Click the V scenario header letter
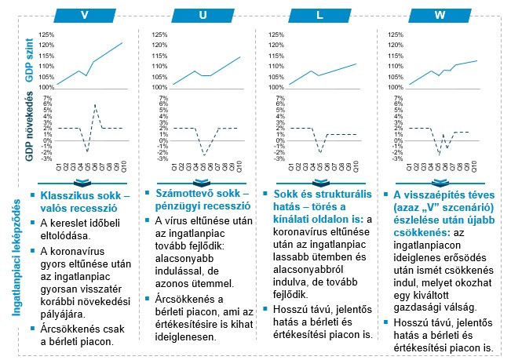pyautogui.click(x=82, y=15)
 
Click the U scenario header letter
pyautogui.click(x=203, y=15)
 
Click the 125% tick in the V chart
pyautogui.click(x=46, y=35)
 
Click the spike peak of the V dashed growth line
pyautogui.click(x=95, y=104)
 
